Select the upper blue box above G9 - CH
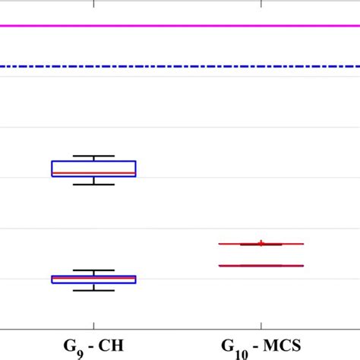point(93,166)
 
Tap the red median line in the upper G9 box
point(93,173)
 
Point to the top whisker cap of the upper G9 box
point(93,156)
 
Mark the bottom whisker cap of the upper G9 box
point(93,185)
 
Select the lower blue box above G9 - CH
point(93,280)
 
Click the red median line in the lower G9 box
point(93,279)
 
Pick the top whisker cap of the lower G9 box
point(93,270)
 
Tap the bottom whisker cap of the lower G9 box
point(93,290)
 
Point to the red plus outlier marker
point(261,243)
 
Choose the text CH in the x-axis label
point(115,346)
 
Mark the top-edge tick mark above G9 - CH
point(93,4)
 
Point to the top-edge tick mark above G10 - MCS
point(261,4)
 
